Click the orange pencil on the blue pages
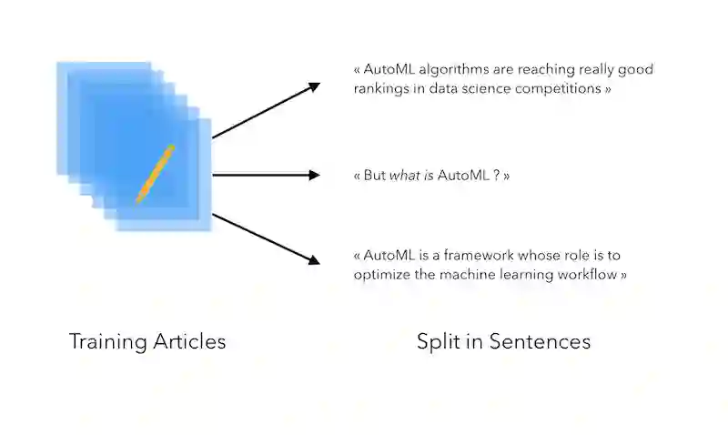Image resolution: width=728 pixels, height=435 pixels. click(x=155, y=173)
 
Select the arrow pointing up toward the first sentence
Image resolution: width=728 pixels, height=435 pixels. click(x=266, y=110)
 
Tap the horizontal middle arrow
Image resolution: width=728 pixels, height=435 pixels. click(x=266, y=175)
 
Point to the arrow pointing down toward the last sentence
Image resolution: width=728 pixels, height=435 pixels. click(x=266, y=239)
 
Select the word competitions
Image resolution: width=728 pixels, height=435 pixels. click(x=555, y=90)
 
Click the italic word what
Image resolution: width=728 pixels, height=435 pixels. click(x=404, y=175)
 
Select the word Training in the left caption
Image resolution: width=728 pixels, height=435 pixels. click(x=106, y=342)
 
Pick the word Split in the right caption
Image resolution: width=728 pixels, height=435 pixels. click(x=438, y=342)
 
